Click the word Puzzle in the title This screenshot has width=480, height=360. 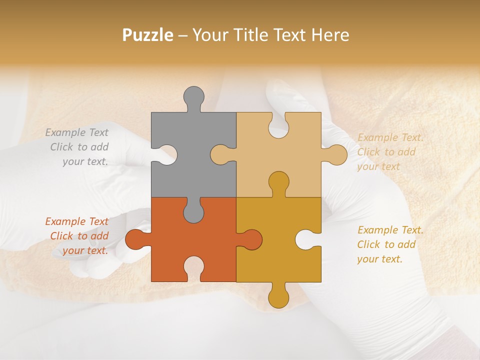148,35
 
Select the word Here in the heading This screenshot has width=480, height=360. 330,35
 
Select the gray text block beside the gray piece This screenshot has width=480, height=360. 77,147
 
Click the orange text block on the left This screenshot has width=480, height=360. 77,236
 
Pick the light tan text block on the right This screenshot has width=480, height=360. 389,152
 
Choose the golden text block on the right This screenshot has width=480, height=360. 389,244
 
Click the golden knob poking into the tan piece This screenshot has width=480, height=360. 278,182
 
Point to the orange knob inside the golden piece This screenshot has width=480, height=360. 251,239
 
